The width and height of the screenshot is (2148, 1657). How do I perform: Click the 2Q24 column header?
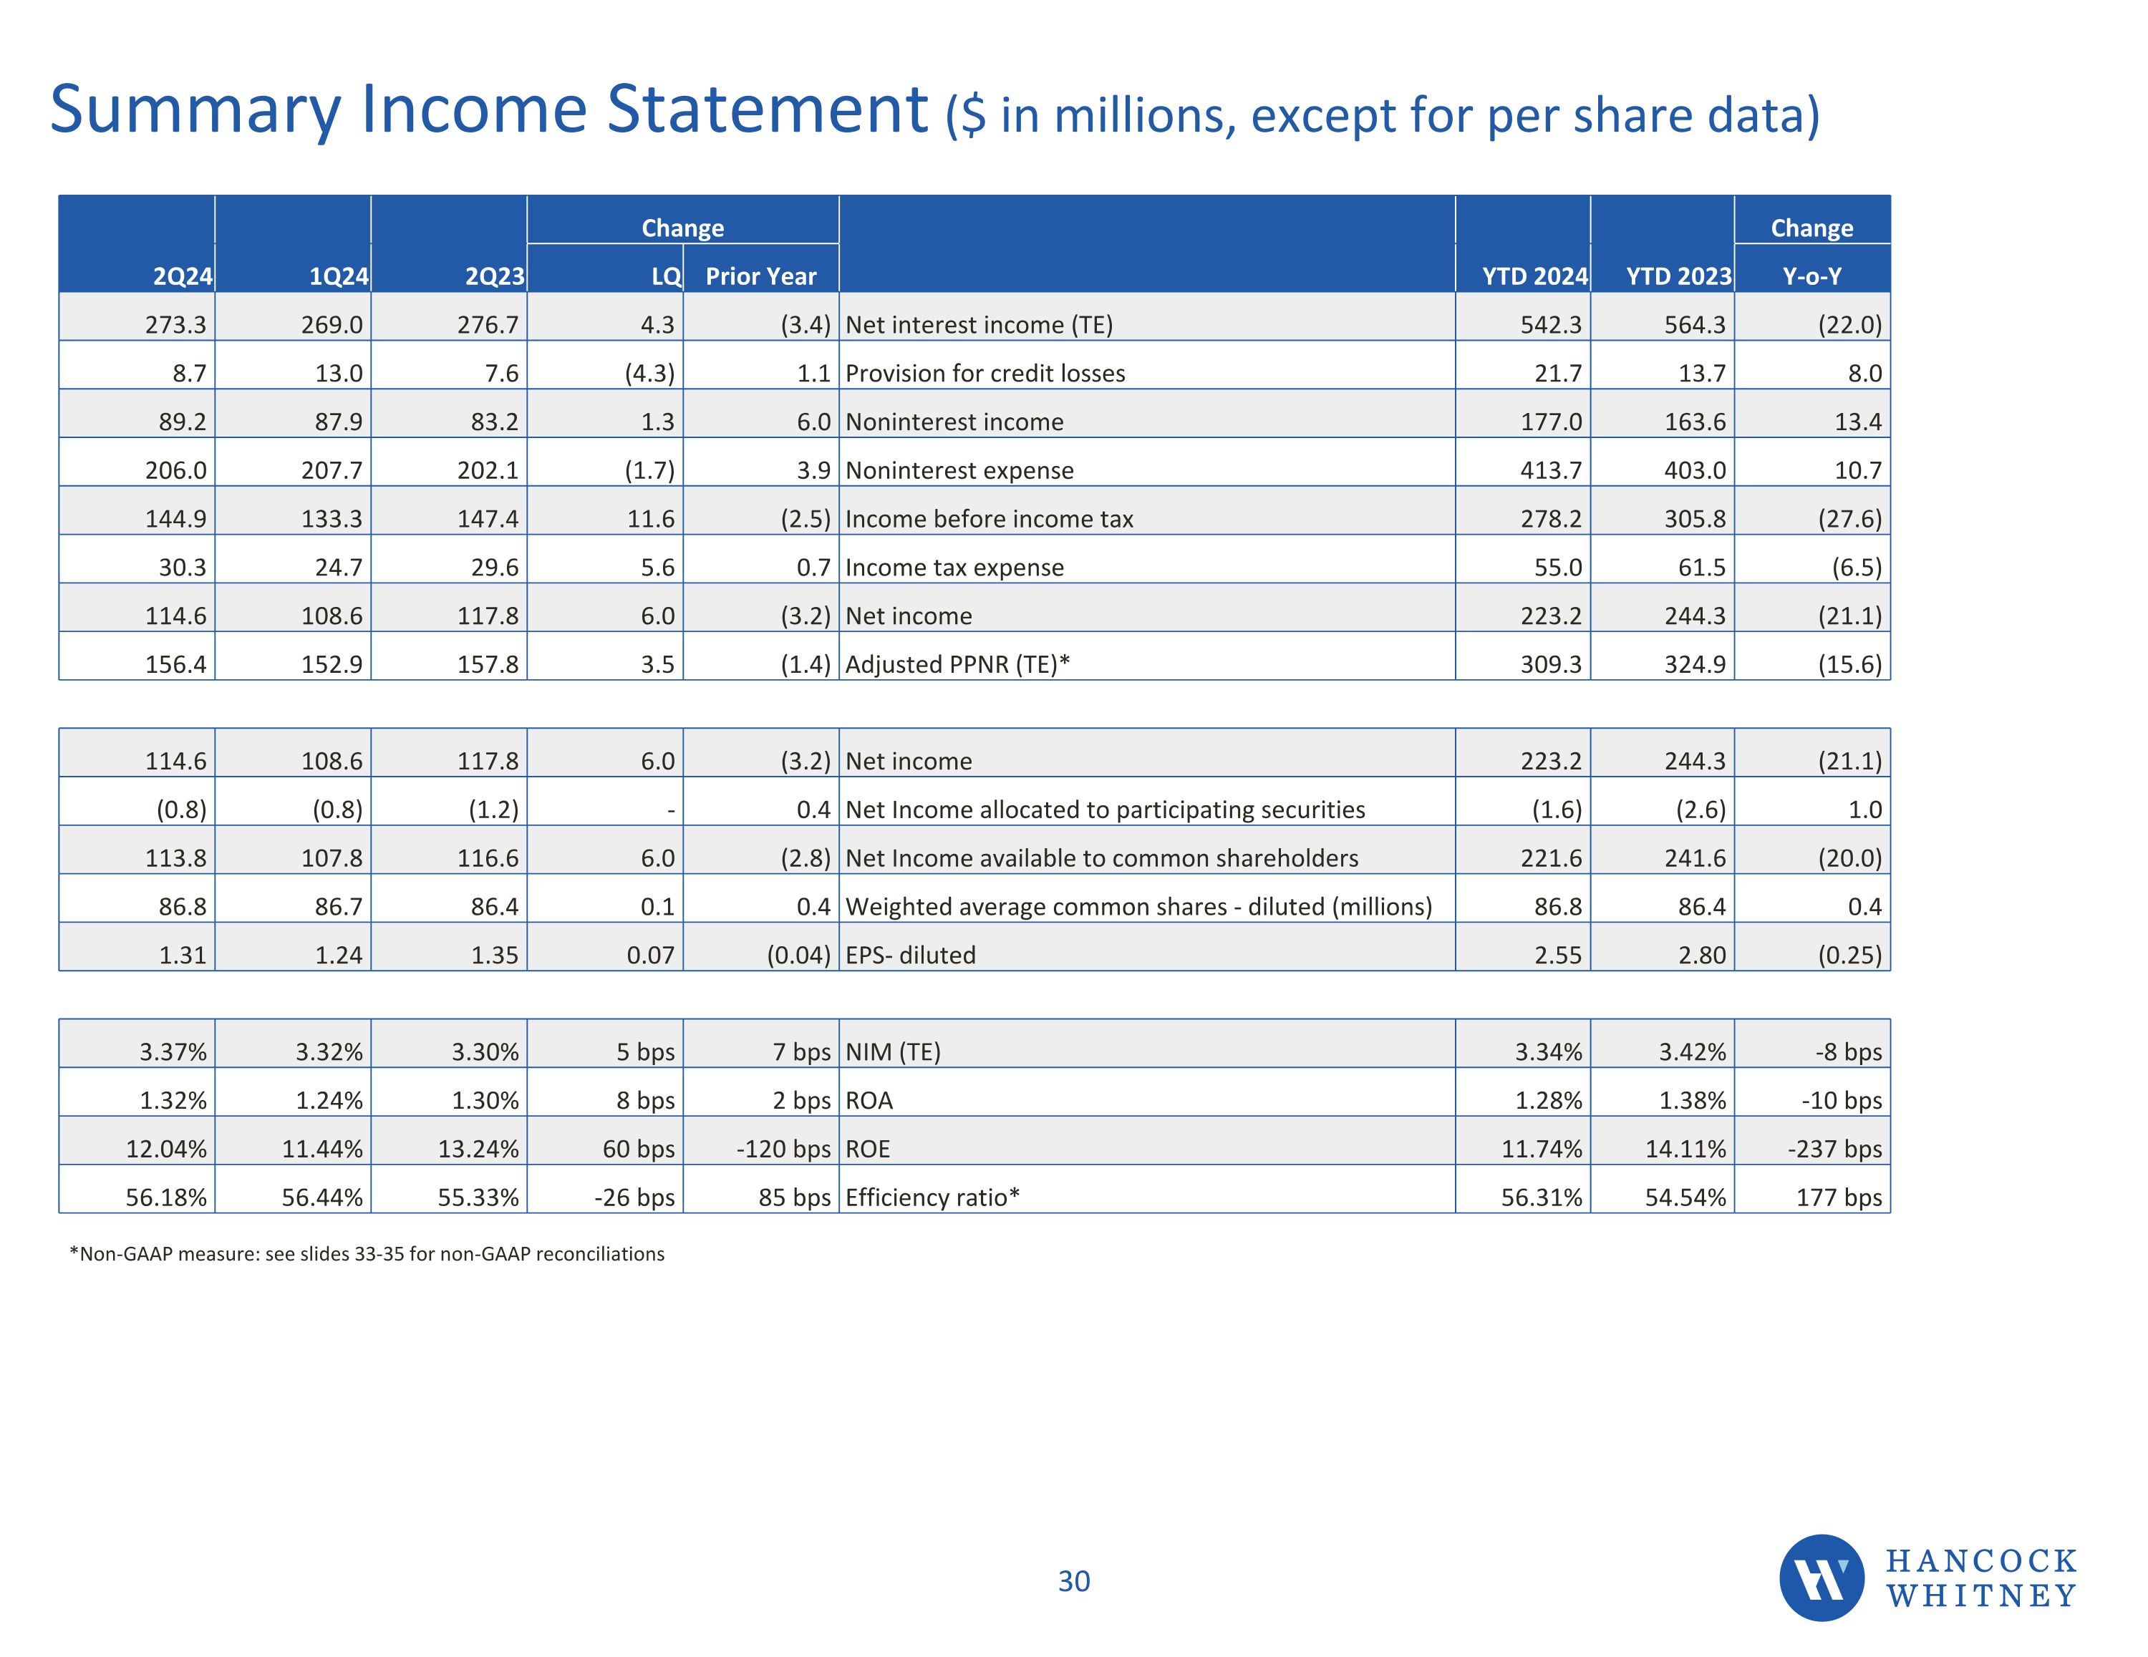(x=182, y=276)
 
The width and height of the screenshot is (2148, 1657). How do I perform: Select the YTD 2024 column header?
(x=1534, y=276)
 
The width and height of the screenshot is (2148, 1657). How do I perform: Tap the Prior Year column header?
(x=760, y=276)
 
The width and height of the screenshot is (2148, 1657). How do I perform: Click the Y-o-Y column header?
(x=1811, y=276)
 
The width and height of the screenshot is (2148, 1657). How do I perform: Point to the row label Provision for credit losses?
(x=984, y=374)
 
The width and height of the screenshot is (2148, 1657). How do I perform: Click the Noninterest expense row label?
(x=959, y=470)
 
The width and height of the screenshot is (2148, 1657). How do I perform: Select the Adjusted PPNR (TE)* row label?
(x=957, y=665)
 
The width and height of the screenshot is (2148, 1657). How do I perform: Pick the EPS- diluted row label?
(x=910, y=955)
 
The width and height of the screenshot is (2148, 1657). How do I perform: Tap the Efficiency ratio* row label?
(x=932, y=1197)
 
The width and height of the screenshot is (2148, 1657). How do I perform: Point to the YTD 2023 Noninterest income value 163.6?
(x=1695, y=422)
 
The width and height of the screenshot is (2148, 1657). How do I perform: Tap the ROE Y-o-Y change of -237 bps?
(x=1834, y=1149)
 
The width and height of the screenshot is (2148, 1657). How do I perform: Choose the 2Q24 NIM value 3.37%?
(x=173, y=1052)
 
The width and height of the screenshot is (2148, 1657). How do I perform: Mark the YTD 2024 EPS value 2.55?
(x=1558, y=955)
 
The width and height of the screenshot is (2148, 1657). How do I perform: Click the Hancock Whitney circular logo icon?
(x=1821, y=1578)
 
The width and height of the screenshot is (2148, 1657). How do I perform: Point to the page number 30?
(x=1073, y=1581)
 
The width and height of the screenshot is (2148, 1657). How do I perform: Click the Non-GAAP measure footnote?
(x=367, y=1254)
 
